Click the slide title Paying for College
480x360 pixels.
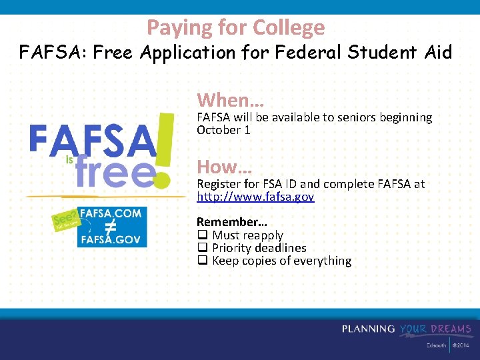236,27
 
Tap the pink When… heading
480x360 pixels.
230,101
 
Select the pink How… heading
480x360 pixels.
224,167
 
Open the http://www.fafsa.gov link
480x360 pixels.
255,197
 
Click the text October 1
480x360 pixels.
223,130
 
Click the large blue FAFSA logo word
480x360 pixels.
91,140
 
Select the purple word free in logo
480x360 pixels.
115,173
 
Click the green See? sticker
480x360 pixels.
65,220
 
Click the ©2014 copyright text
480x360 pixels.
461,346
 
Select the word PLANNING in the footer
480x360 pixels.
369,329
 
